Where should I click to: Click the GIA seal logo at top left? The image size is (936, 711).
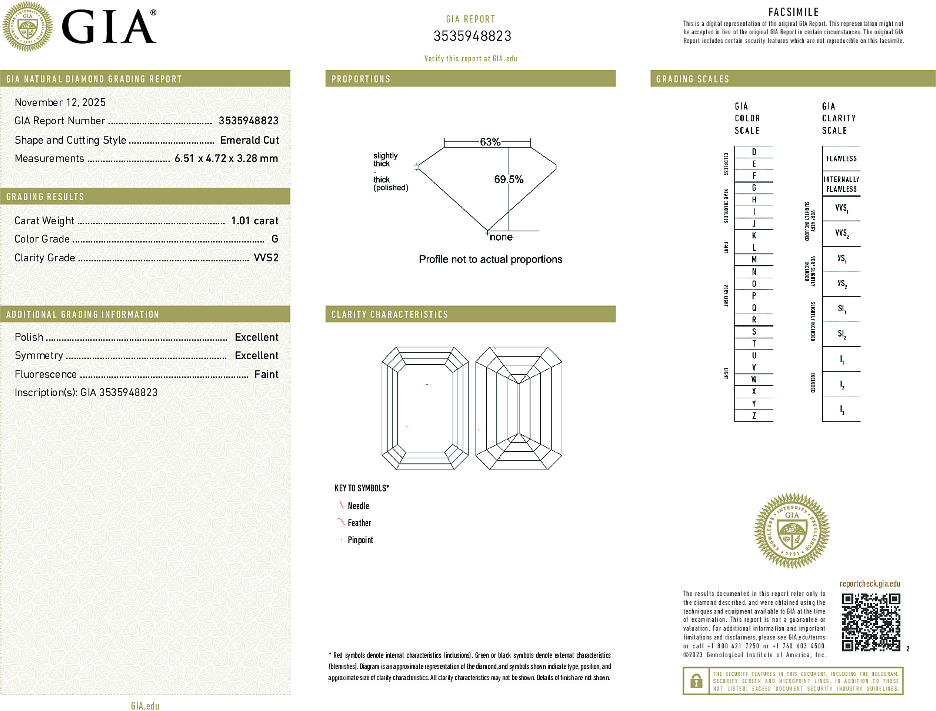27,26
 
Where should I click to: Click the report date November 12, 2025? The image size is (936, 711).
60,102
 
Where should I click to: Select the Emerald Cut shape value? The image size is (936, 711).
249,140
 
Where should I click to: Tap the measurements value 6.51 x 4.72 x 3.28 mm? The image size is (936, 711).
226,159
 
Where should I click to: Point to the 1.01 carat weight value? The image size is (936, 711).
254,221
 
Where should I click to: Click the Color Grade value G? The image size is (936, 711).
274,239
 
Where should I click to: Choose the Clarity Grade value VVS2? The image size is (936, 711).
266,258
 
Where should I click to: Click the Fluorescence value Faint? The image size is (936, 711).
266,374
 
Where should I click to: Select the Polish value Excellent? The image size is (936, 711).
256,337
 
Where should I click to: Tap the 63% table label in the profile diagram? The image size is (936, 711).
490,142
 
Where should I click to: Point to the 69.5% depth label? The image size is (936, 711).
508,179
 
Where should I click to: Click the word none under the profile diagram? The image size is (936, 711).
501,237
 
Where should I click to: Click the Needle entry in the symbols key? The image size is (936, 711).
358,506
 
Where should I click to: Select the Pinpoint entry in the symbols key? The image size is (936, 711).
360,540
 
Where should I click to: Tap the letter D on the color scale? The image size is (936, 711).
754,152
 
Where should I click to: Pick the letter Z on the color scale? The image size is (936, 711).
754,416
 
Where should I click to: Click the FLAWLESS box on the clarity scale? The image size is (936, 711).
841,159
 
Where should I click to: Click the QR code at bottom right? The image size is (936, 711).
870,622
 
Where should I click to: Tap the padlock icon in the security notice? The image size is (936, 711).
696,681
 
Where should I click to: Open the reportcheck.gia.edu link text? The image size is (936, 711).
870,584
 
